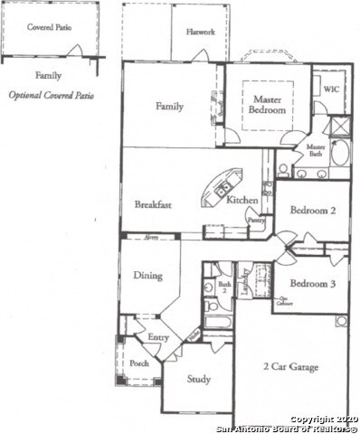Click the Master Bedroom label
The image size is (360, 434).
point(268,104)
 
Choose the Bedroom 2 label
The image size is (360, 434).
point(313,210)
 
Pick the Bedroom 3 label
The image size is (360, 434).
point(313,283)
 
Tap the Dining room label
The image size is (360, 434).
point(148,275)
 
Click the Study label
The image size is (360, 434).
point(198,379)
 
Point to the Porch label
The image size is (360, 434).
point(139,363)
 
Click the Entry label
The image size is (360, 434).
point(157,337)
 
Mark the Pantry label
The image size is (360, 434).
point(255,219)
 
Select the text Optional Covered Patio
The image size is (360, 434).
point(52,95)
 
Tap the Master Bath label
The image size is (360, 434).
point(316,150)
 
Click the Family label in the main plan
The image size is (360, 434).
point(169,107)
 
